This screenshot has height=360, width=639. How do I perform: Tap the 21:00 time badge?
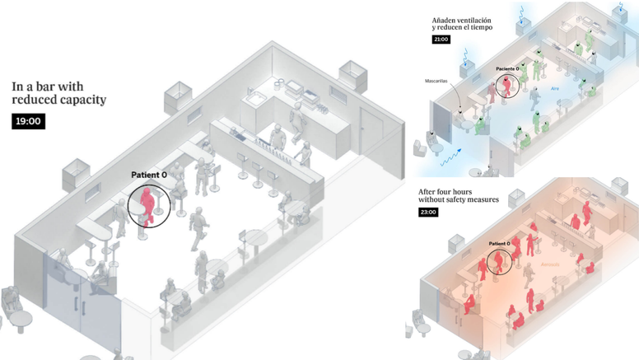[441, 39]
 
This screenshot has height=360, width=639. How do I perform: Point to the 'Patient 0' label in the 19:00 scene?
[149, 175]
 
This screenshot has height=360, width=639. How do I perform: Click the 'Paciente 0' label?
[507, 69]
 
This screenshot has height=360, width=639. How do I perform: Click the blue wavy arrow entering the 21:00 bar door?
[451, 161]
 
